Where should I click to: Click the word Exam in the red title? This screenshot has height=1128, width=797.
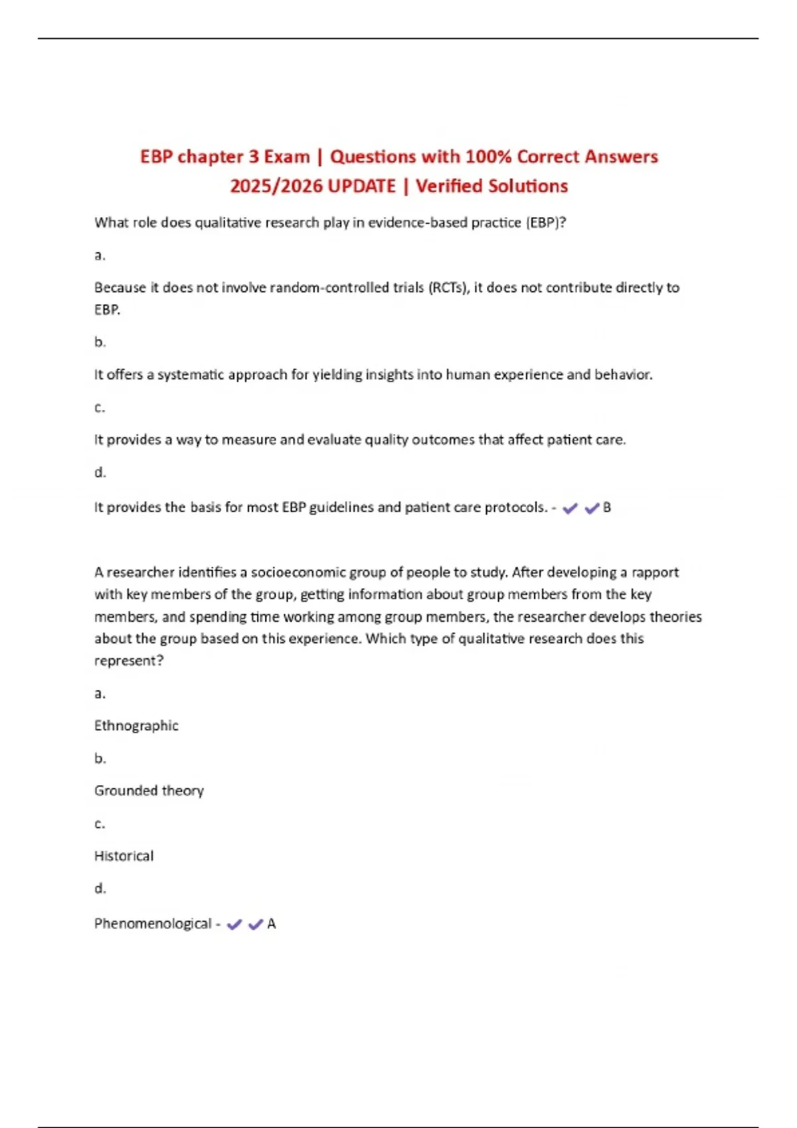(287, 157)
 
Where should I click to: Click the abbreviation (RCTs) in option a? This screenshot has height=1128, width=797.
(448, 287)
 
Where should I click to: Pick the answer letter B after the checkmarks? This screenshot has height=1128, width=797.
(606, 508)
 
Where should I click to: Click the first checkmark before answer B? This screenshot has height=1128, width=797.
(570, 508)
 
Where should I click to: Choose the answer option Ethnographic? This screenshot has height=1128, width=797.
(136, 725)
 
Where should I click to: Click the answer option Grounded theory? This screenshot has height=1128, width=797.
(149, 790)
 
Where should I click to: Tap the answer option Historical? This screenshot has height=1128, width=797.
(124, 856)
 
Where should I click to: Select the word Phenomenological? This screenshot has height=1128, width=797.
(153, 924)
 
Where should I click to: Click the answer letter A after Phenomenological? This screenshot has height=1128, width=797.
(272, 924)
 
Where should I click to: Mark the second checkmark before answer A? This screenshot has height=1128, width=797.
(255, 924)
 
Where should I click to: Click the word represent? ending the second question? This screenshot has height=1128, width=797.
(129, 660)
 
